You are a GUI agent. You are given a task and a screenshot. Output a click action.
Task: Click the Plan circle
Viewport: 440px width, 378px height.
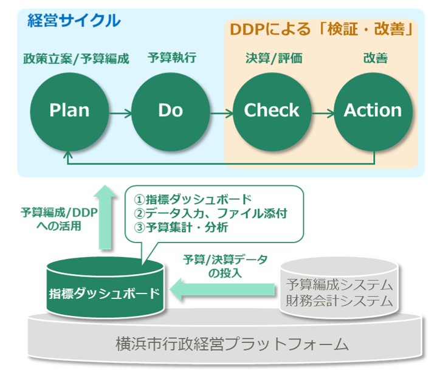(x=69, y=110)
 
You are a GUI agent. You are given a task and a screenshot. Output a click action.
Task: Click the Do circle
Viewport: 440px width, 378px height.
(x=170, y=110)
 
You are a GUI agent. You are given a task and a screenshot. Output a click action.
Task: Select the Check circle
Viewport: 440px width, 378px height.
(x=272, y=110)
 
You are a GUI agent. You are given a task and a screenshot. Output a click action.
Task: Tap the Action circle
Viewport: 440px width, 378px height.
(x=373, y=110)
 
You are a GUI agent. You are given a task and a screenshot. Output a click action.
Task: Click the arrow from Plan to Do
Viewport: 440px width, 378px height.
(x=120, y=112)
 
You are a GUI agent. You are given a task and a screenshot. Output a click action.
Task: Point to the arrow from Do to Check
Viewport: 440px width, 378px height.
(x=221, y=112)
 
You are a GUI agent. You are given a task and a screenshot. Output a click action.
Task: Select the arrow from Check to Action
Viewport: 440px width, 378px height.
(x=322, y=112)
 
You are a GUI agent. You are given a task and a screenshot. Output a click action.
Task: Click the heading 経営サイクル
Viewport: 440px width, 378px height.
(x=74, y=20)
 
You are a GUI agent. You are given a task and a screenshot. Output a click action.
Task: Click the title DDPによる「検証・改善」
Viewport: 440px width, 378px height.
(x=321, y=29)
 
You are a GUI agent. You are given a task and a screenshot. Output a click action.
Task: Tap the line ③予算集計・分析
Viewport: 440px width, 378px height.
(x=185, y=229)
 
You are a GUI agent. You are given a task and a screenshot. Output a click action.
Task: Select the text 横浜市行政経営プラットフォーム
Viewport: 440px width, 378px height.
(x=232, y=344)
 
